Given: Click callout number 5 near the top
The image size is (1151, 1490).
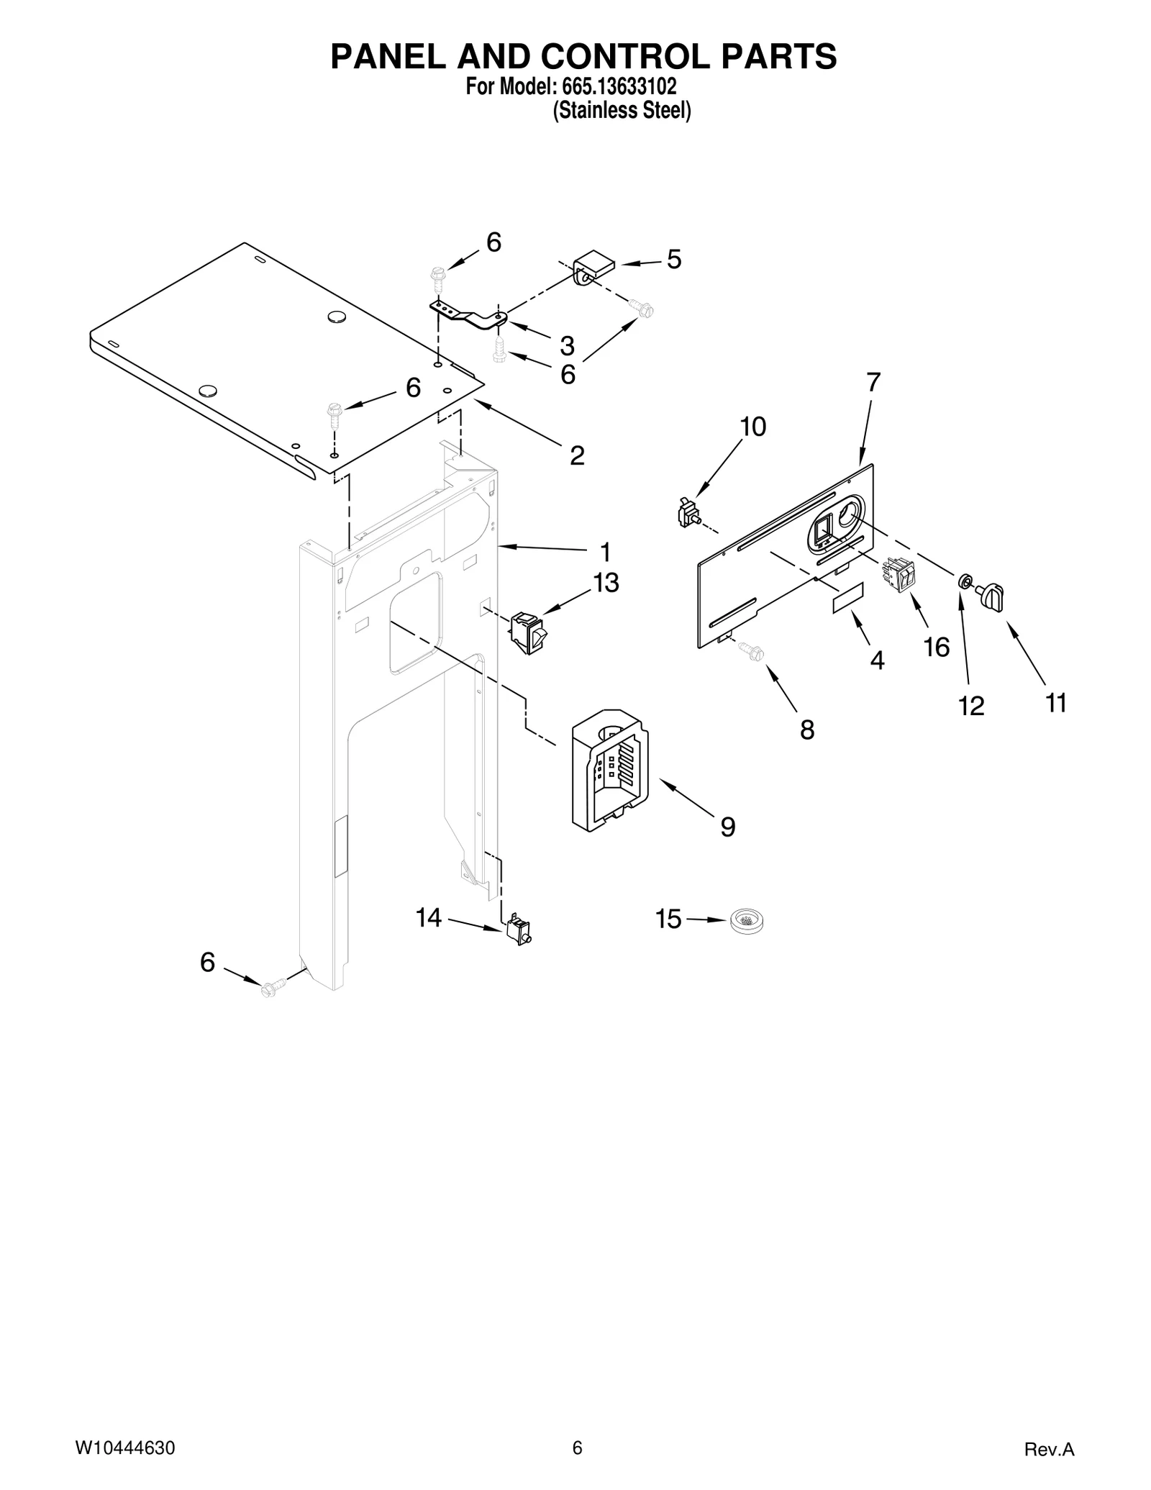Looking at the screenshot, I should (673, 260).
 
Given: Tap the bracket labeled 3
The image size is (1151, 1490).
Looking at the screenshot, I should (468, 315).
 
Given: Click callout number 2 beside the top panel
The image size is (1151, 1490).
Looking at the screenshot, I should (577, 455).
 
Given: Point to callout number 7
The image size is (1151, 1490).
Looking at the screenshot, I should (873, 383).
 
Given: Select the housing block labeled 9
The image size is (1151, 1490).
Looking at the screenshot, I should (610, 779).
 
